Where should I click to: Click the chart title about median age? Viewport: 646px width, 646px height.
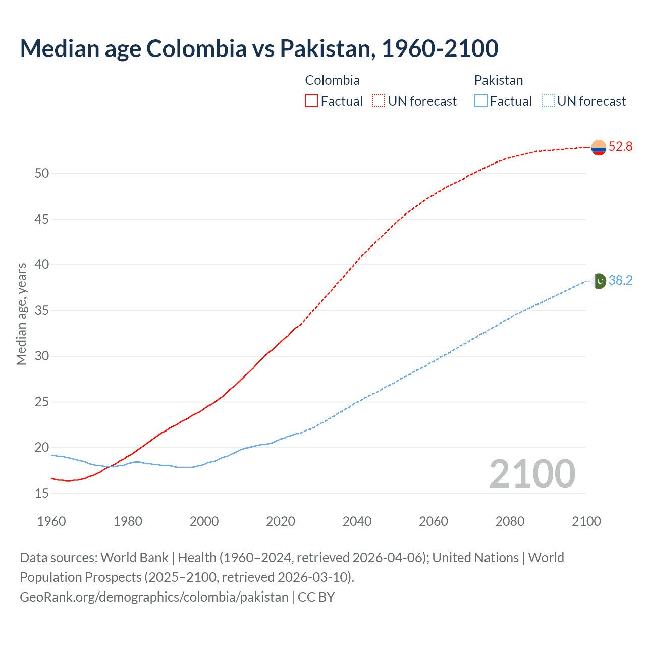(x=259, y=48)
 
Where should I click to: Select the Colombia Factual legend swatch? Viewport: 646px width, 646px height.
(x=311, y=101)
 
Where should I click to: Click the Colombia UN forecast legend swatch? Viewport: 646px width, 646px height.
(x=379, y=101)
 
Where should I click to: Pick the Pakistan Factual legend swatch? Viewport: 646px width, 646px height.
(x=481, y=101)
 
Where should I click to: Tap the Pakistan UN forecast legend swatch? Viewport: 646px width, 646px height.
(x=548, y=101)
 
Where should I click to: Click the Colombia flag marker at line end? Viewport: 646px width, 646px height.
(x=599, y=147)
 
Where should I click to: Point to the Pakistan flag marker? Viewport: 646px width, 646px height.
(x=599, y=281)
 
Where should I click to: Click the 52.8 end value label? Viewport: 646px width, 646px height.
(x=620, y=147)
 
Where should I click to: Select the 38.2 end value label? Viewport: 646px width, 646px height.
(x=620, y=281)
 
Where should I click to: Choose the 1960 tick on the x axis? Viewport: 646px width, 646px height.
(x=51, y=521)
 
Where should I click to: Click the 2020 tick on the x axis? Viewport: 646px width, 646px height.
(x=281, y=521)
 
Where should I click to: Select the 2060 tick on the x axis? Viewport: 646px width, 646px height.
(x=434, y=521)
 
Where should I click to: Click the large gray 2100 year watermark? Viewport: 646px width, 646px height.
(x=532, y=474)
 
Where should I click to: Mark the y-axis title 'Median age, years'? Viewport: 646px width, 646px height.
(x=21, y=314)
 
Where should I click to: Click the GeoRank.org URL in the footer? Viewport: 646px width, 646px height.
(x=154, y=597)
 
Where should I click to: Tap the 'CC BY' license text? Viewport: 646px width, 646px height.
(x=316, y=597)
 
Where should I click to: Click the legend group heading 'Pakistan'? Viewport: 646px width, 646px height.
(x=499, y=80)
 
